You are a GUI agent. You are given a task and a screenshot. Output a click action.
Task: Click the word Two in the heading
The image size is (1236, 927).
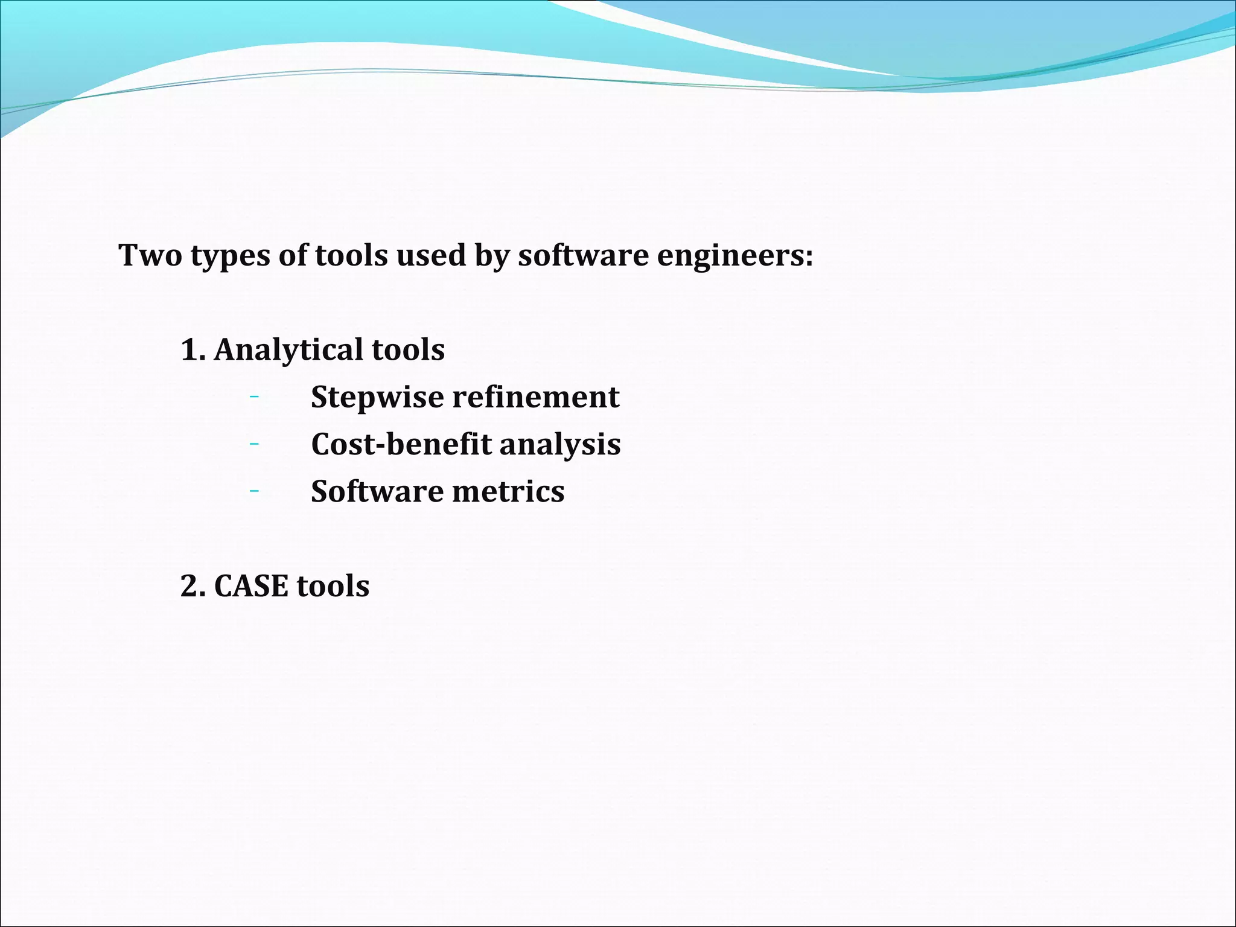click(x=150, y=255)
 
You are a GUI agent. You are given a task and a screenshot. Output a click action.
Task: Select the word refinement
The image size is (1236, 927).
click(x=536, y=397)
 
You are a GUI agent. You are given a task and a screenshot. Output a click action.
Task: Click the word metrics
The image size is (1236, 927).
click(x=508, y=491)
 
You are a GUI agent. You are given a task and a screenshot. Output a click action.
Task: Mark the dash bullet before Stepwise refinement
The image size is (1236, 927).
click(x=254, y=397)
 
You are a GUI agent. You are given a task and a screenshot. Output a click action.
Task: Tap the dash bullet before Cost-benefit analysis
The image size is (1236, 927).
click(x=254, y=444)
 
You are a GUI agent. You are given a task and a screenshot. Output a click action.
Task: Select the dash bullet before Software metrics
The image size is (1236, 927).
click(x=254, y=491)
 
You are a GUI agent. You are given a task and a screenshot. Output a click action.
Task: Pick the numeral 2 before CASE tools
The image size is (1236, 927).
click(x=190, y=586)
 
